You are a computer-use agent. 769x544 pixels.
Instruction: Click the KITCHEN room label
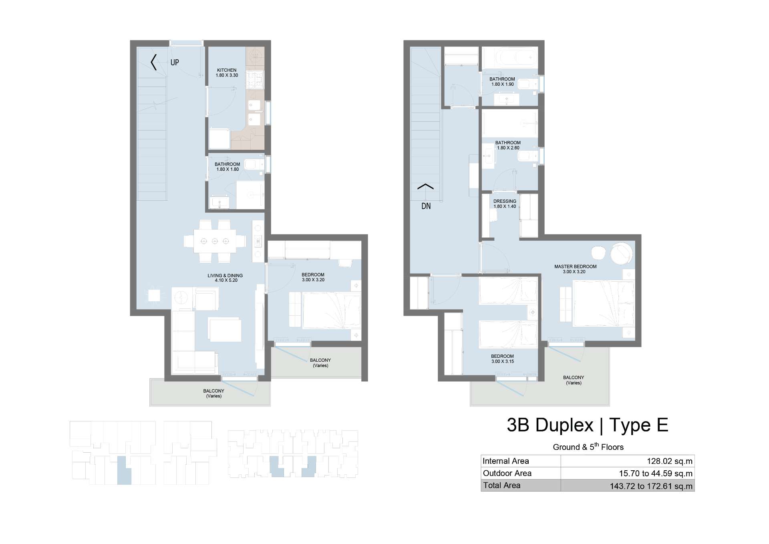pyautogui.click(x=227, y=70)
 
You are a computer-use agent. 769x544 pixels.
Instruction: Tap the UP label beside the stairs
pyautogui.click(x=175, y=62)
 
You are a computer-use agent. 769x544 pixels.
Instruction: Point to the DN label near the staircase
pyautogui.click(x=426, y=206)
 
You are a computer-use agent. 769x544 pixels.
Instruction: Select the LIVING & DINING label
pyautogui.click(x=225, y=276)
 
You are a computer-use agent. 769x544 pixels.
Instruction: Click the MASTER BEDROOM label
pyautogui.click(x=575, y=266)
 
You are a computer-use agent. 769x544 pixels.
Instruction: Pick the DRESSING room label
pyautogui.click(x=505, y=201)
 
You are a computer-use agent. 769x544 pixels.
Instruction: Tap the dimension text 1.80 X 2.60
pyautogui.click(x=508, y=148)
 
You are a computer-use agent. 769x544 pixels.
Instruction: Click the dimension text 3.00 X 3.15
pyautogui.click(x=502, y=361)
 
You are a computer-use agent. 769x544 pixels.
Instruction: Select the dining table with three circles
pyautogui.click(x=215, y=241)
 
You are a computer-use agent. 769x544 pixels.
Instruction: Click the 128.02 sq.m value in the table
pyautogui.click(x=670, y=461)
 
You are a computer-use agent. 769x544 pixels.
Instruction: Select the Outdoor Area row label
pyautogui.click(x=507, y=473)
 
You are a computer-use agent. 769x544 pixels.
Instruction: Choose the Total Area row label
pyautogui.click(x=501, y=486)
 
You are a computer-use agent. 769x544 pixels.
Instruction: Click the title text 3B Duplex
pyautogui.click(x=550, y=425)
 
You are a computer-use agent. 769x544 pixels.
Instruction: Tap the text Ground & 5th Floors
pyautogui.click(x=588, y=447)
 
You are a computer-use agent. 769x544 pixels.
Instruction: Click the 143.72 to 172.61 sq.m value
pyautogui.click(x=651, y=486)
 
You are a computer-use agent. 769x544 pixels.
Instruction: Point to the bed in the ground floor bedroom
pyautogui.click(x=331, y=310)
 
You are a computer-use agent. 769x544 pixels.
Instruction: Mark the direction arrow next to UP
pyautogui.click(x=153, y=62)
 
